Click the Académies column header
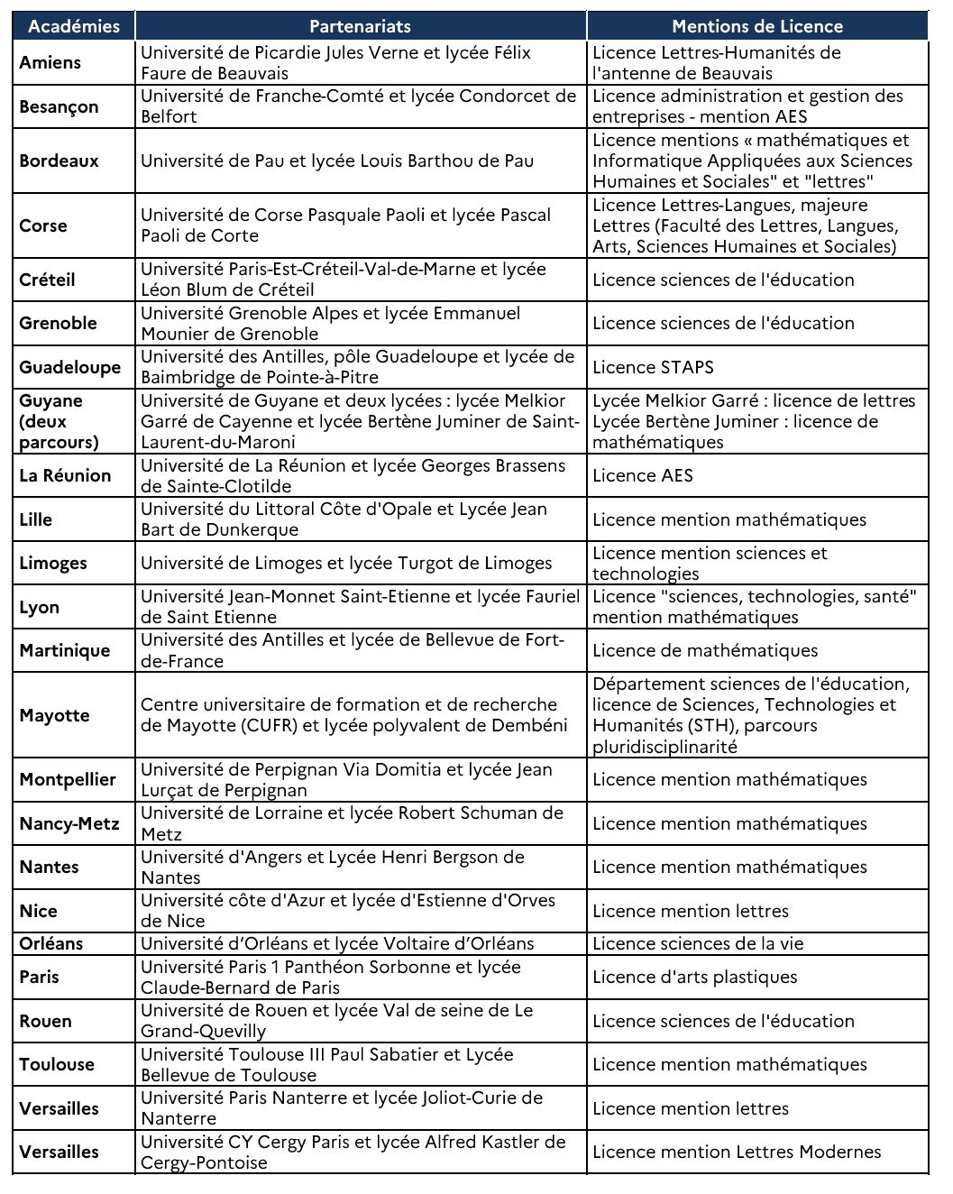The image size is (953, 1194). (x=74, y=26)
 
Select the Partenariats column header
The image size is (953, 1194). (x=361, y=26)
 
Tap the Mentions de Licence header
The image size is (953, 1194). (x=756, y=26)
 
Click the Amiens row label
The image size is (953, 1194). (x=50, y=62)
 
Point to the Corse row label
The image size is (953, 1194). (x=43, y=225)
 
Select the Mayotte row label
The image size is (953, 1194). (x=54, y=715)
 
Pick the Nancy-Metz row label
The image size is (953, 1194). (x=69, y=823)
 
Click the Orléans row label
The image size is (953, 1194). (x=51, y=943)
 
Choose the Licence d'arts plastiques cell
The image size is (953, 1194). (x=695, y=977)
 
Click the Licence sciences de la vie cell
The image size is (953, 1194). (x=698, y=943)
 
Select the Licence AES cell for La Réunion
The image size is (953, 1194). (x=643, y=475)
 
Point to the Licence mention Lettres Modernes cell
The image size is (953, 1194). (x=737, y=1152)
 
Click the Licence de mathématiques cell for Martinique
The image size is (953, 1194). (x=705, y=650)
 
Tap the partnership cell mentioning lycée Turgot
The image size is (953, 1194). (x=346, y=563)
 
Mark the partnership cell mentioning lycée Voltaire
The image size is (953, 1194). (x=337, y=943)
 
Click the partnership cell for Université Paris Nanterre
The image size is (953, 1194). (x=342, y=1107)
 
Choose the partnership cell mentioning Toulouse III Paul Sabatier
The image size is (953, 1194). (x=327, y=1064)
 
